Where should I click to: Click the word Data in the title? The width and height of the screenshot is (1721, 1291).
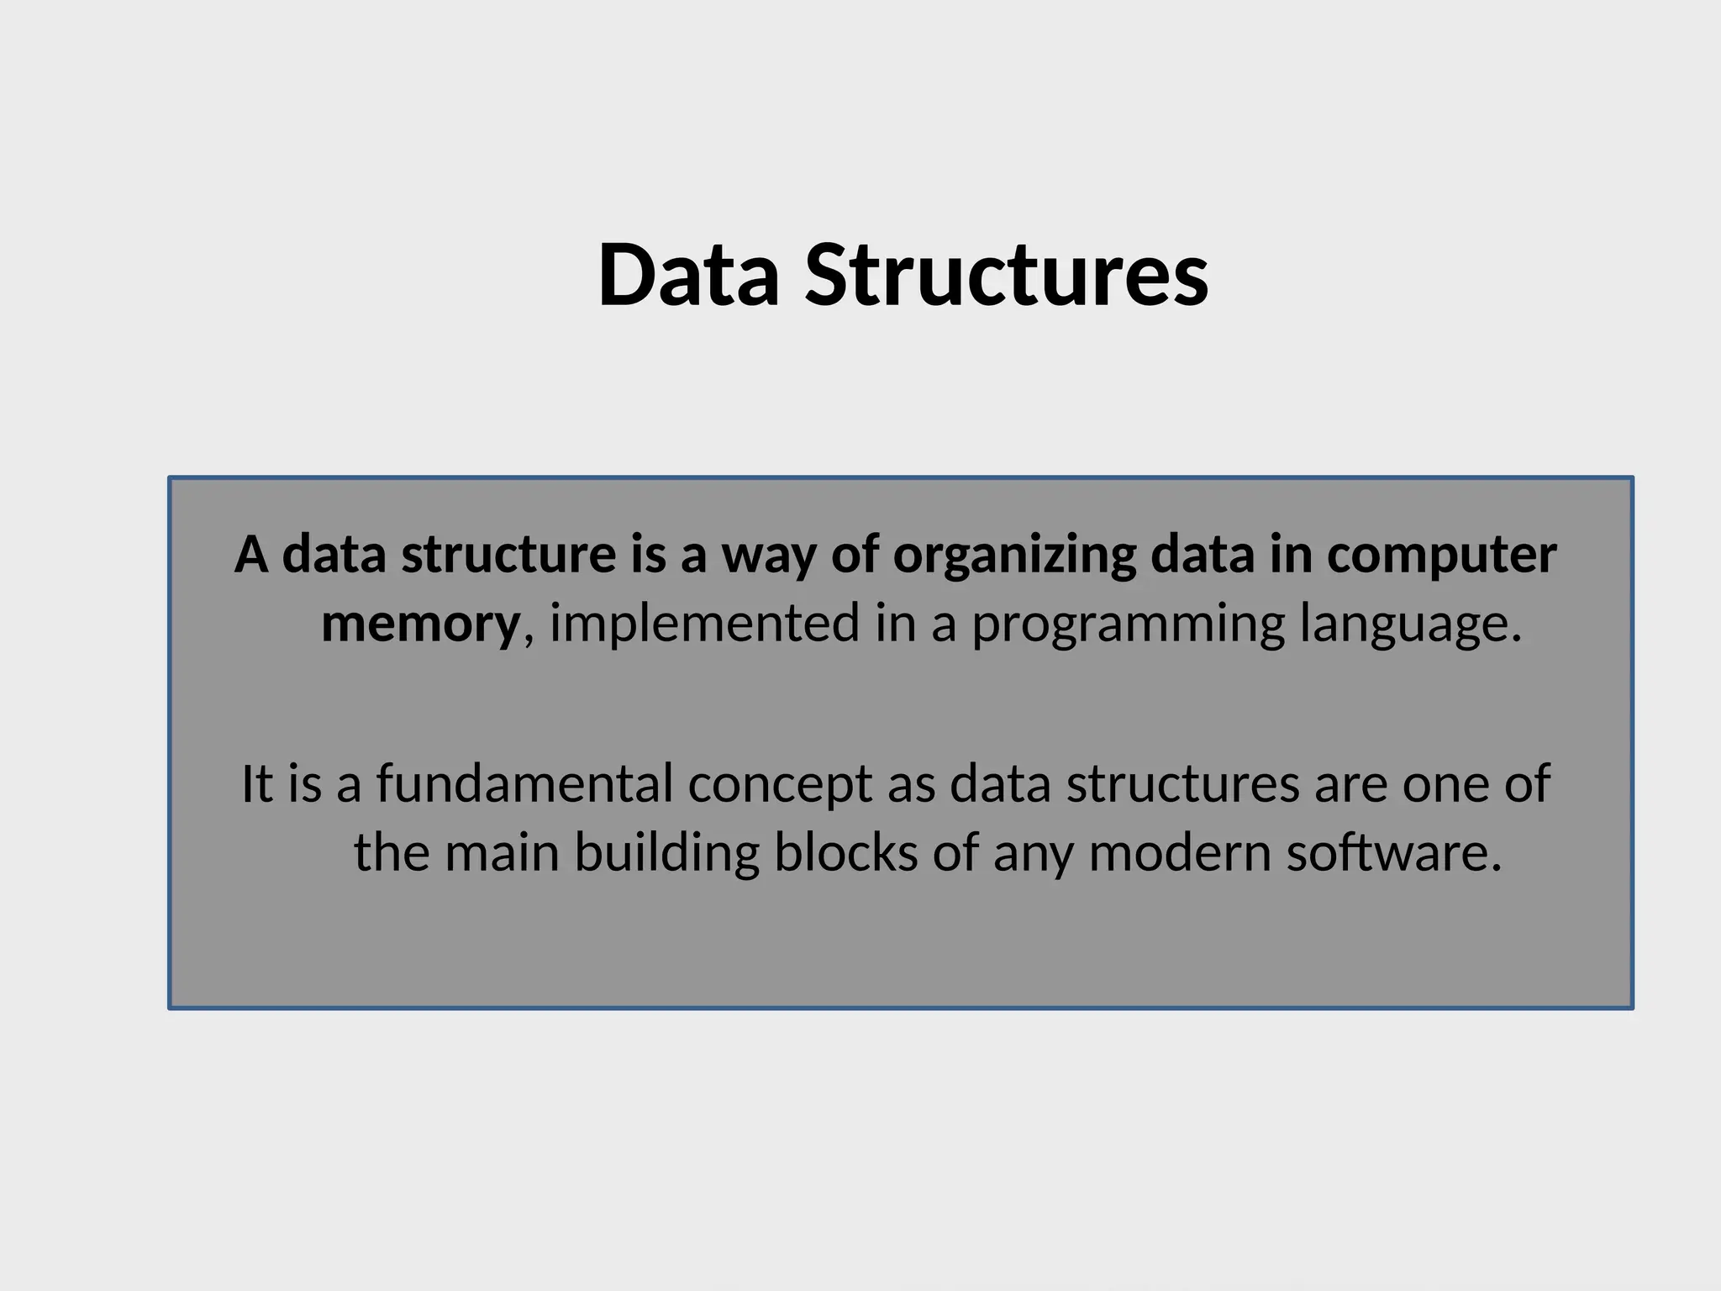(688, 276)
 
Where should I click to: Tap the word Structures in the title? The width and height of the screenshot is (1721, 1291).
(1007, 276)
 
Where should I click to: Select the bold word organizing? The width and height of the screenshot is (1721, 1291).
(1013, 556)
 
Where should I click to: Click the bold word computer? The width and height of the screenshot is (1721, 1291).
(1441, 556)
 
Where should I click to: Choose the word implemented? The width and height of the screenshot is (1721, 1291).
(705, 624)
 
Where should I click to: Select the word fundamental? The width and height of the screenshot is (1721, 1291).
(524, 783)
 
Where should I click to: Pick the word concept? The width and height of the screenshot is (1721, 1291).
(779, 785)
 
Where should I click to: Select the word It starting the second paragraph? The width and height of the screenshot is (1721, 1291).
(256, 783)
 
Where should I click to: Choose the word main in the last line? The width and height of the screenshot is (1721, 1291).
(502, 852)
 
